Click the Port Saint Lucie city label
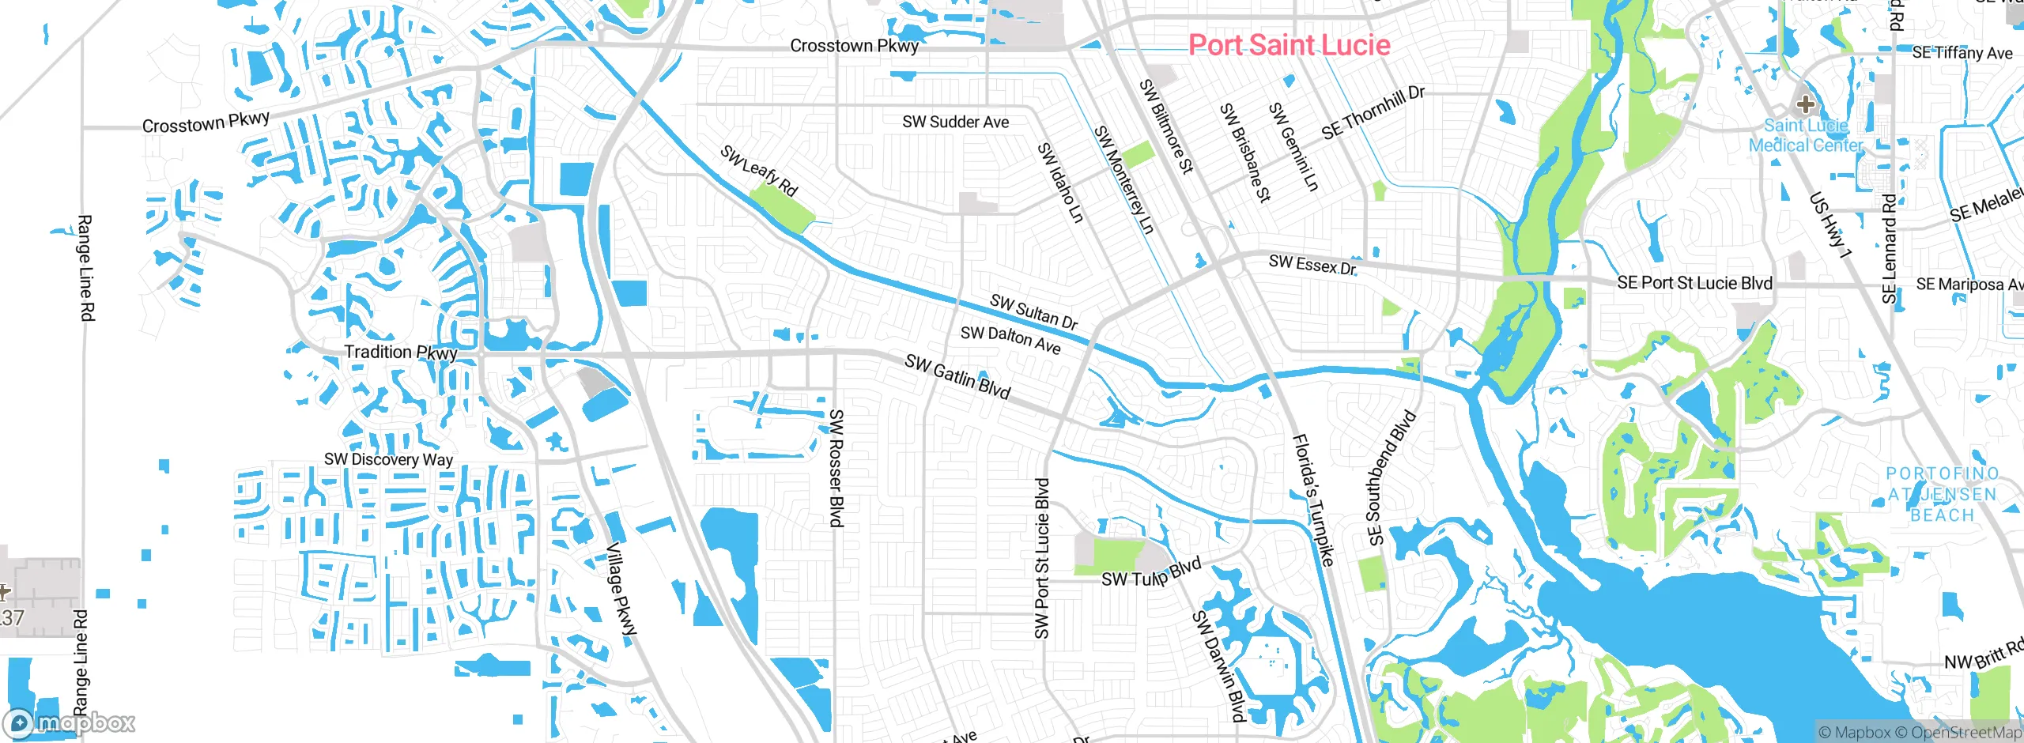point(1289,45)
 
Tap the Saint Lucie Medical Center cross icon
point(1805,104)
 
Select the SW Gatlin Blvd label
point(957,377)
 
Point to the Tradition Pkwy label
point(400,353)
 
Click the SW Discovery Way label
point(388,459)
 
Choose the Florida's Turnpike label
point(1313,500)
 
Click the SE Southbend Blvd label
point(1391,477)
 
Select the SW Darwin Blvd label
point(1218,666)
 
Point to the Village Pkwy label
point(621,590)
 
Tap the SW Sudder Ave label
point(955,123)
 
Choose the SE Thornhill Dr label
point(1373,112)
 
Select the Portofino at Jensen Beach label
point(1942,495)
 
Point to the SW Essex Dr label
point(1312,265)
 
